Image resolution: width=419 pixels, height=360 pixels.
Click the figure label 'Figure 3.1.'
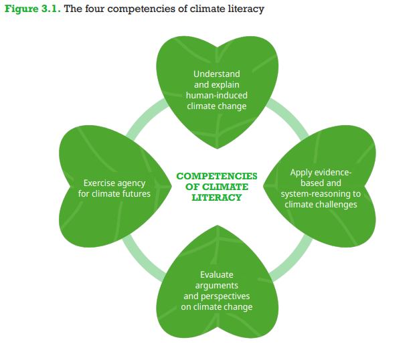(32, 9)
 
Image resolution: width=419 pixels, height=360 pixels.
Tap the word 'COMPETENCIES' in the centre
(216, 176)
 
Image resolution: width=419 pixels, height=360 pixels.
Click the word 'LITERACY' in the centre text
(216, 197)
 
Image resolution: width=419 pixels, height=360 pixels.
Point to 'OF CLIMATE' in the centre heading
(216, 187)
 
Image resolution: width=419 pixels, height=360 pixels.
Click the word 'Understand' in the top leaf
(216, 74)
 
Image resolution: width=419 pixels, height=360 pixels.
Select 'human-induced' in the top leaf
(216, 95)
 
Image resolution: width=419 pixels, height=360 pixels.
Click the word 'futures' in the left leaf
(135, 193)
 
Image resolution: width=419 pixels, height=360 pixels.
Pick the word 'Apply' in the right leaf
(302, 172)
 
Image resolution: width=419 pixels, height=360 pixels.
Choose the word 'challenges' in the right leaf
(336, 204)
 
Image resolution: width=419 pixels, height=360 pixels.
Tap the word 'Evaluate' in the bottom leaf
(216, 274)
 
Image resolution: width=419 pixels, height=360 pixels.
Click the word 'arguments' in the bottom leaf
(216, 285)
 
